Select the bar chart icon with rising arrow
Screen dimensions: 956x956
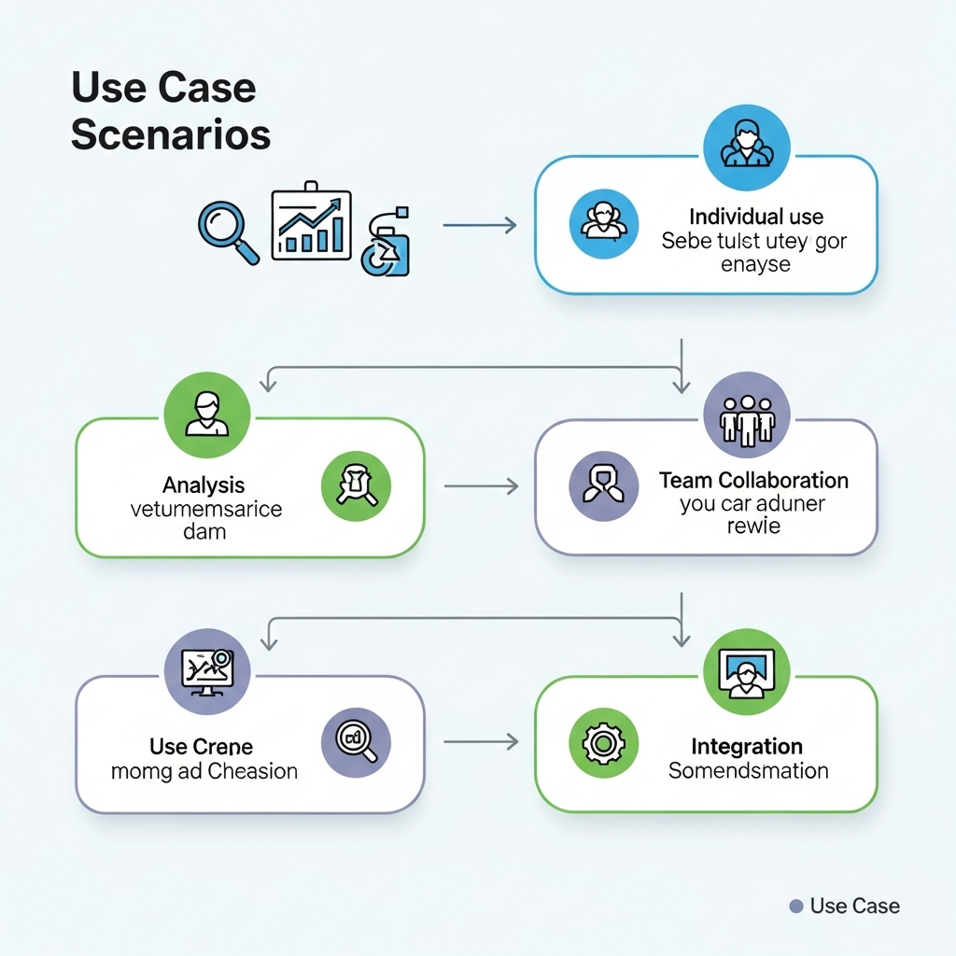coord(311,225)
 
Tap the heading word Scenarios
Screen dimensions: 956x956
coord(171,134)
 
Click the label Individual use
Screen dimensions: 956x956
coord(755,217)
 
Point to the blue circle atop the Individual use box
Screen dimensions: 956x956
coord(746,148)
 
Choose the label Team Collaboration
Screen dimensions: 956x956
coord(753,481)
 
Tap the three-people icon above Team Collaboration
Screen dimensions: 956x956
coord(746,415)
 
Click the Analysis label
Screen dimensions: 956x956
coord(204,485)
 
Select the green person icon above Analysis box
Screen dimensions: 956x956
coord(206,415)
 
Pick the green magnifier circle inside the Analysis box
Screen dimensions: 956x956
coord(356,487)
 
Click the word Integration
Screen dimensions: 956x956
coord(747,747)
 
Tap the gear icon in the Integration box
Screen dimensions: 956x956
coord(603,743)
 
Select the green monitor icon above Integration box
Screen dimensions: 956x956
coord(746,672)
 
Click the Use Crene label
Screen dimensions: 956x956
coord(201,747)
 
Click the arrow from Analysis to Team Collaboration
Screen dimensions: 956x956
coord(481,486)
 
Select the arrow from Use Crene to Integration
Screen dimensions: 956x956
coord(481,742)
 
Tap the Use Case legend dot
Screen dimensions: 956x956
coord(796,906)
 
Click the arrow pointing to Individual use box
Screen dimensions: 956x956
coord(479,225)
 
